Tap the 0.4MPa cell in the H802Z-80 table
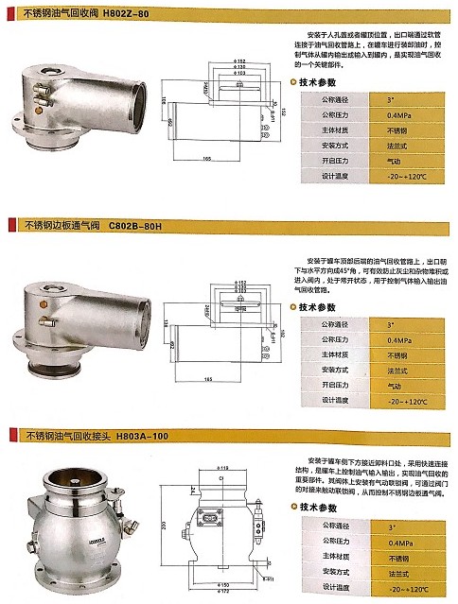point(398,113)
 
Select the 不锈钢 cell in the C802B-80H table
point(398,354)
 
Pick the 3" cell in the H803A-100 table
point(398,525)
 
